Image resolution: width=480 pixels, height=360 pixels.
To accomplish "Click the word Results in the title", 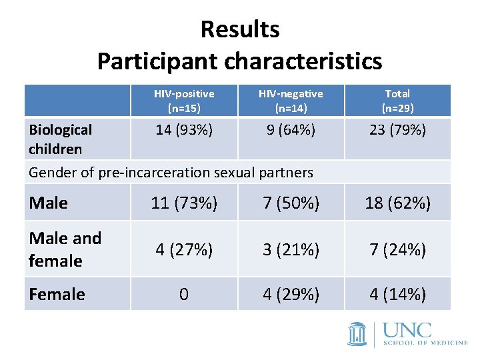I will [x=239, y=29].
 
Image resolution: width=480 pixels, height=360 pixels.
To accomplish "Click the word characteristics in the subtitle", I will [x=303, y=61].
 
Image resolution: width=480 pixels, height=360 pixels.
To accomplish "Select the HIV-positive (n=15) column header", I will [x=184, y=101].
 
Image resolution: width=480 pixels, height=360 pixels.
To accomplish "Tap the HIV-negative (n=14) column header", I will [x=290, y=101].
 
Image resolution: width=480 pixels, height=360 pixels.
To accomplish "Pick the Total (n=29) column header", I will [x=397, y=101].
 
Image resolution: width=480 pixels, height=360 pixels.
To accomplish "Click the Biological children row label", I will [x=61, y=139].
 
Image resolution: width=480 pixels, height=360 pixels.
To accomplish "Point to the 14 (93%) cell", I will [x=184, y=130].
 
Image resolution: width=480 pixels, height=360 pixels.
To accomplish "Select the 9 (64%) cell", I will [x=291, y=130].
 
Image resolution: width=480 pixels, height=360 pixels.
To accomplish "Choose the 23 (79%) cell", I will [x=397, y=130].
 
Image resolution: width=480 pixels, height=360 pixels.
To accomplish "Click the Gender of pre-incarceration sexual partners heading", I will [x=171, y=173].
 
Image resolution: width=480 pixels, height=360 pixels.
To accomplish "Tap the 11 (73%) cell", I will [x=184, y=203].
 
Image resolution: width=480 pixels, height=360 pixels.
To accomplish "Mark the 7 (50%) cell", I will [x=291, y=203].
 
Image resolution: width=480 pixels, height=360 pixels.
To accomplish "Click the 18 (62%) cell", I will [x=397, y=203].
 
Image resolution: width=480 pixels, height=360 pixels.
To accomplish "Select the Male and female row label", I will [x=65, y=249].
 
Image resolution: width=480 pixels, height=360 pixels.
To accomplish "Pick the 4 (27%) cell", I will [x=184, y=249].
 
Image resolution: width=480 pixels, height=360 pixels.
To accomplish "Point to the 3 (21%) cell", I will [x=291, y=249].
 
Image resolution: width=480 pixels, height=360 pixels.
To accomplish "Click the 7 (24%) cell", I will [x=397, y=249].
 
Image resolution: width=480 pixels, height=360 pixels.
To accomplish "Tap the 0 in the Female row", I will [x=184, y=294].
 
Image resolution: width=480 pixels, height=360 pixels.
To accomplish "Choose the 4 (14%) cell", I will [x=397, y=294].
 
